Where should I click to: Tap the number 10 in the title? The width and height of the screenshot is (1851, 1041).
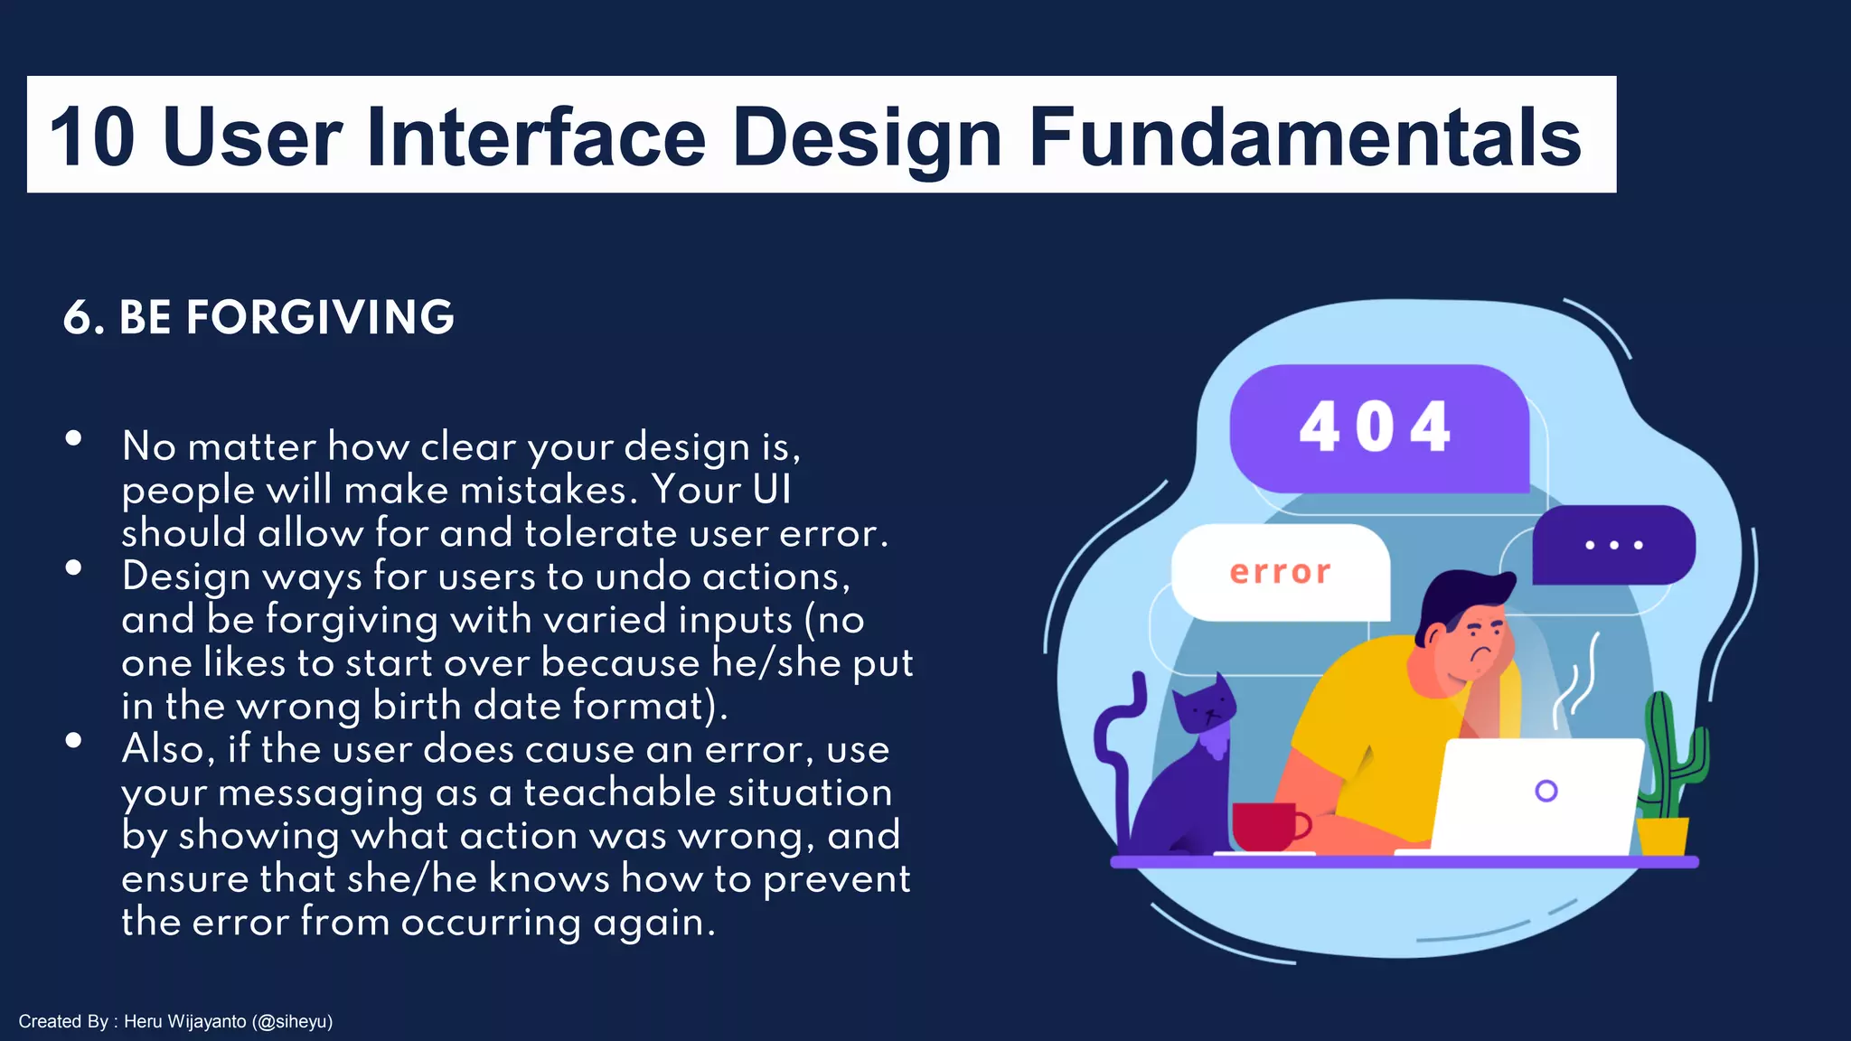pos(92,137)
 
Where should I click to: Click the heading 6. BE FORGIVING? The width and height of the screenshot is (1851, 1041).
pos(258,317)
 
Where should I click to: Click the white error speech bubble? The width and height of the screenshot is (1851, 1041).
pos(1280,572)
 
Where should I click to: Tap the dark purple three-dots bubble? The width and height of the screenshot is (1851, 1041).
pos(1613,545)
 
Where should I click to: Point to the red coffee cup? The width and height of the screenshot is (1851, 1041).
pos(1265,825)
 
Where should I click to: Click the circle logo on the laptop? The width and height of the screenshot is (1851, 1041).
pos(1546,791)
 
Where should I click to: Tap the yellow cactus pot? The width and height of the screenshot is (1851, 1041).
pos(1662,836)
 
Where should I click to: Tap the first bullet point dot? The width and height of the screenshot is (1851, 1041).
pos(74,439)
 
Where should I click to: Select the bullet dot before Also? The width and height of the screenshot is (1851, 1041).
pos(74,741)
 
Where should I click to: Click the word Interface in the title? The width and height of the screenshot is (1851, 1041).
pos(536,137)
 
